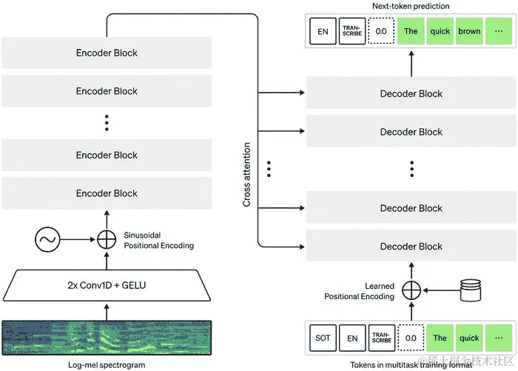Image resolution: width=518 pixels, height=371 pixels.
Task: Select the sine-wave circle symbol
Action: pyautogui.click(x=48, y=239)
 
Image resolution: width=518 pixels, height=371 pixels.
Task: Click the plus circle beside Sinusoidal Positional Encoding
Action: pyautogui.click(x=107, y=239)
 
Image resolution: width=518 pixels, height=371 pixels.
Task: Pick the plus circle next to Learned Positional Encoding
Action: pyautogui.click(x=411, y=290)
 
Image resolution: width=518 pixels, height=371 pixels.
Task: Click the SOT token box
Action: pyautogui.click(x=323, y=338)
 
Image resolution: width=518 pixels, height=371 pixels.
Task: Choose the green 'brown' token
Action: pyautogui.click(x=469, y=32)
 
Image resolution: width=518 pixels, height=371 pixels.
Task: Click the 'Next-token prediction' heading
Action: pyautogui.click(x=411, y=7)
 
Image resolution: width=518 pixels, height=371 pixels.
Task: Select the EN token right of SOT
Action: pyautogui.click(x=353, y=338)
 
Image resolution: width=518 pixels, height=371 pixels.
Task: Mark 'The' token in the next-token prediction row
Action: pyautogui.click(x=411, y=32)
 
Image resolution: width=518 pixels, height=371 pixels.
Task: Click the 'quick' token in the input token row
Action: pyautogui.click(x=469, y=338)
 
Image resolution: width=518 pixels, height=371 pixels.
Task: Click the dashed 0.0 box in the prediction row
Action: pyautogui.click(x=382, y=32)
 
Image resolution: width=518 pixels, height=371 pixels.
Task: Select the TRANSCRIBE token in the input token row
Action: pyautogui.click(x=382, y=338)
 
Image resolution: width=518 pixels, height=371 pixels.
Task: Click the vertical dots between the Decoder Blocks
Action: pyautogui.click(x=411, y=169)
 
